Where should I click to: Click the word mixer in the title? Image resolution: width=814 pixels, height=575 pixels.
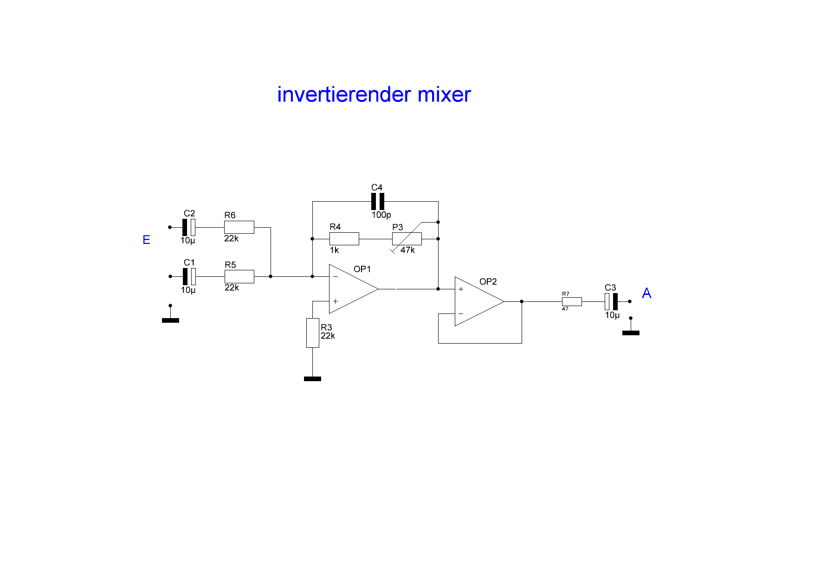pos(444,95)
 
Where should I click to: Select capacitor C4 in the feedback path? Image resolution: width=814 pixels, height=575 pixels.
pos(377,201)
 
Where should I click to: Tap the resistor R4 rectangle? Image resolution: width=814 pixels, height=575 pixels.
pos(344,239)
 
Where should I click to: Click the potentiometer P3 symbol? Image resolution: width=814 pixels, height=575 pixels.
pos(407,239)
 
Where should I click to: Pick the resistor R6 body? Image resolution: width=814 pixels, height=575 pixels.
pos(239,227)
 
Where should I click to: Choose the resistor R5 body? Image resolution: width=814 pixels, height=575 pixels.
pos(239,276)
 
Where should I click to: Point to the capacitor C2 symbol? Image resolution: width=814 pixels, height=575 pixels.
pos(189,227)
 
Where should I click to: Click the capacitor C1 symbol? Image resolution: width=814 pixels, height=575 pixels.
pos(189,276)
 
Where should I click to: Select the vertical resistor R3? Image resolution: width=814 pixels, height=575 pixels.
pos(312,332)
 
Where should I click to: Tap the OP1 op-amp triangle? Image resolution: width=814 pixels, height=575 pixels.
pos(350,289)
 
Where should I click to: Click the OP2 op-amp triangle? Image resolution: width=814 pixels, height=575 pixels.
pos(476,301)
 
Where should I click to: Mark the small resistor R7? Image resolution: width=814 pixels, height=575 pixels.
pos(572,301)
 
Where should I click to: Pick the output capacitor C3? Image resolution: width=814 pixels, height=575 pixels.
pos(611,301)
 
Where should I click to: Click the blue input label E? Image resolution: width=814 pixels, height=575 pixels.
pos(146,240)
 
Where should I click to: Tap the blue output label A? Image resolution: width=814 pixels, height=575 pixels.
pos(646,293)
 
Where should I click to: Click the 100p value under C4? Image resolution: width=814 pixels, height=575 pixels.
pos(381,215)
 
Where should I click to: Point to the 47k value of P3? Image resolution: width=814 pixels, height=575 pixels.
pos(407,250)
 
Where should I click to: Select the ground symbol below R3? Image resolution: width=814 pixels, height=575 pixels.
pos(312,379)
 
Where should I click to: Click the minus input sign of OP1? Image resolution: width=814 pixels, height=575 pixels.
pos(336,277)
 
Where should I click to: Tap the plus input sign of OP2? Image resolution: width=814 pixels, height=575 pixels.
pos(461,289)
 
